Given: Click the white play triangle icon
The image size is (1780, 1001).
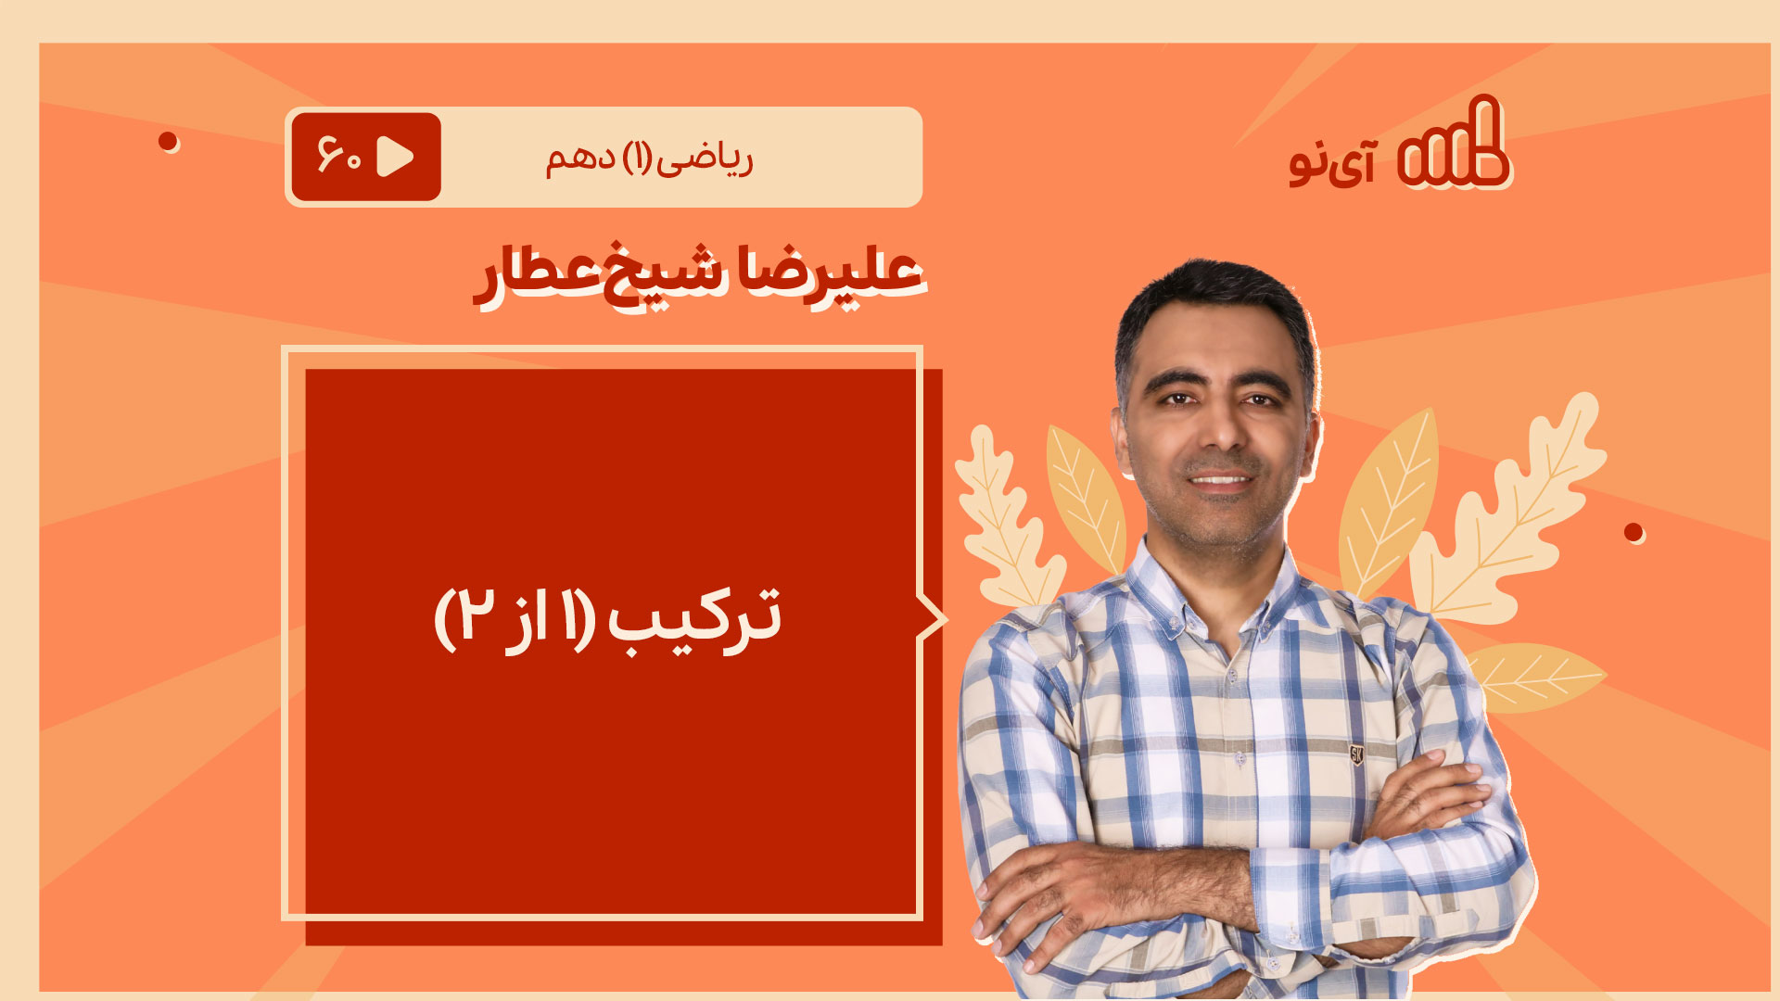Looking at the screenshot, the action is pyautogui.click(x=396, y=157).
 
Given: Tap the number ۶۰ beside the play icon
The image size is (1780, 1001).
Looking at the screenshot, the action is pyautogui.click(x=339, y=156).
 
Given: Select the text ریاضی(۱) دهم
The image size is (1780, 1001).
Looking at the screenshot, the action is pyautogui.click(x=649, y=158).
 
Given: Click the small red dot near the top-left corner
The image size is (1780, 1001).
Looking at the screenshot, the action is pyautogui.click(x=168, y=141).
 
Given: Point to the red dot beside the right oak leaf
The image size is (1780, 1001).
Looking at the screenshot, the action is pyautogui.click(x=1634, y=532).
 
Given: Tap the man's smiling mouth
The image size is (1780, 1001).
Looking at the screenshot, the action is pyautogui.click(x=1220, y=479).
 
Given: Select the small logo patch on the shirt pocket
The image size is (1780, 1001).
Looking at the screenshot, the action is pyautogui.click(x=1356, y=754).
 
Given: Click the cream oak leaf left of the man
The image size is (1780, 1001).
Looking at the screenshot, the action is pyautogui.click(x=1005, y=519).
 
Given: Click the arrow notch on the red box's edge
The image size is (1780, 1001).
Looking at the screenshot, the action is pyautogui.click(x=933, y=618).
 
